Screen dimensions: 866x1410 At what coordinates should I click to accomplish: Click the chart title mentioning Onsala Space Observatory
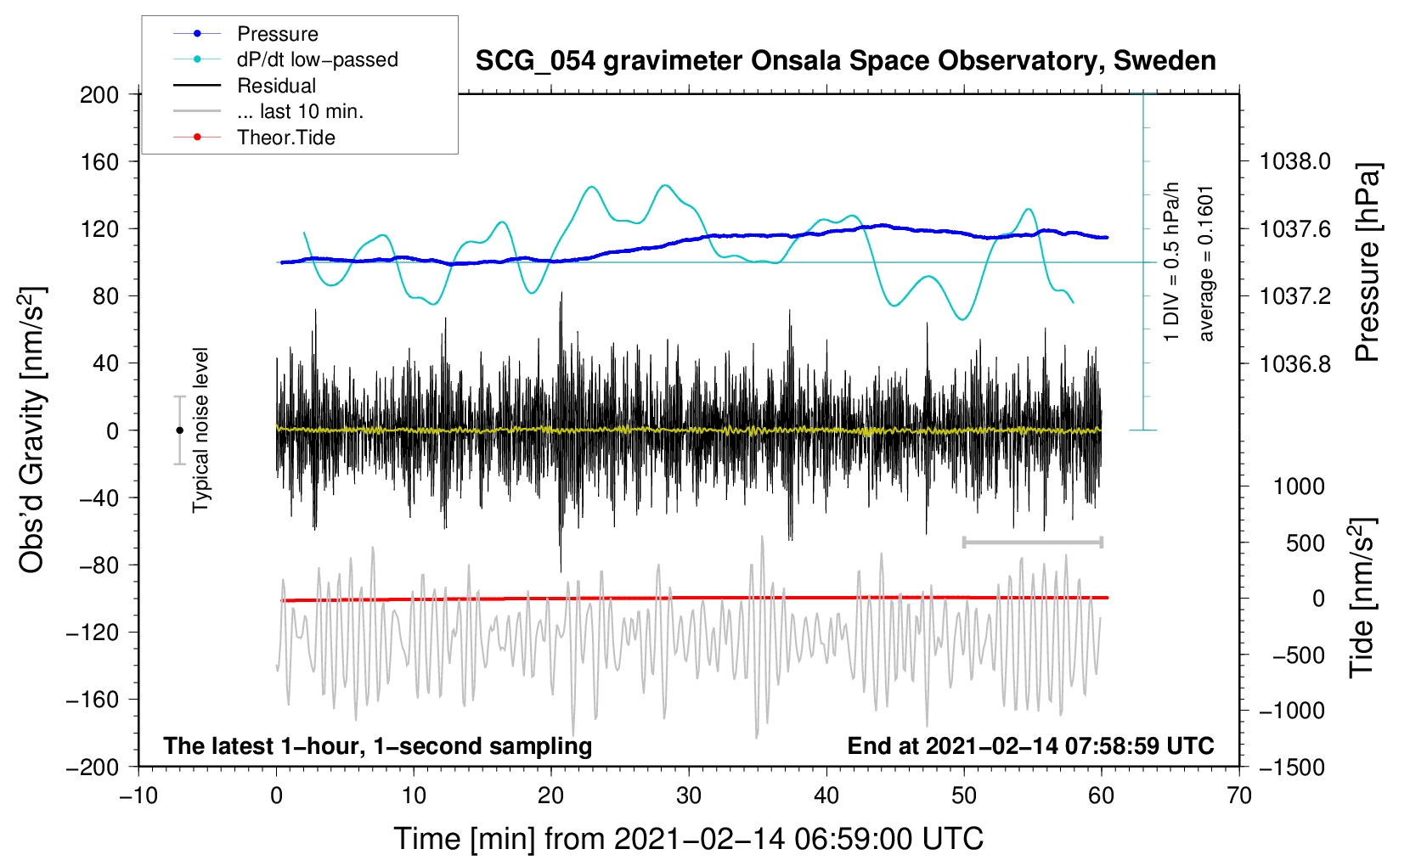[x=845, y=61]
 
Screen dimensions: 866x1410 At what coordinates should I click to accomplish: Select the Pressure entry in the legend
[x=277, y=34]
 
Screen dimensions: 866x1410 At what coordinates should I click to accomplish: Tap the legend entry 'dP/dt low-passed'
[x=317, y=59]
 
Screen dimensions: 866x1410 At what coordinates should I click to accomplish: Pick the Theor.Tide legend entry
[x=285, y=138]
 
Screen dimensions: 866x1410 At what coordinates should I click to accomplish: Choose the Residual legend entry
[x=276, y=86]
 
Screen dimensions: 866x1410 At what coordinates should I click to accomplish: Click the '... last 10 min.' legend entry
[x=300, y=111]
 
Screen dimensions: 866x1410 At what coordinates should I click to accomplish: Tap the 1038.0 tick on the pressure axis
[x=1294, y=161]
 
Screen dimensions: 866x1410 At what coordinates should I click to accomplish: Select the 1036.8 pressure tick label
[x=1294, y=363]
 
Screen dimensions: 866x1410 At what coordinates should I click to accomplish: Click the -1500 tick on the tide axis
[x=1291, y=767]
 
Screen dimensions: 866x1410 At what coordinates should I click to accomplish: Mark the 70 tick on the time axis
[x=1239, y=796]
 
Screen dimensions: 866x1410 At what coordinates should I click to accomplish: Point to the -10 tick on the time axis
[x=138, y=796]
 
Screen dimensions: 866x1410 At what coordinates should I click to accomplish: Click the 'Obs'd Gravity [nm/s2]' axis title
[x=32, y=430]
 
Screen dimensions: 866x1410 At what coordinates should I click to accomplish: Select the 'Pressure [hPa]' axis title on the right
[x=1367, y=263]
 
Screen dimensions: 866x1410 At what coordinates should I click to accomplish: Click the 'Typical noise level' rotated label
[x=200, y=430]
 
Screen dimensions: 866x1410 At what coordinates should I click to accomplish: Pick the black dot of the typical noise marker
[x=179, y=430]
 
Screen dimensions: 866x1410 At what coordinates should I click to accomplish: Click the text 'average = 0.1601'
[x=1206, y=263]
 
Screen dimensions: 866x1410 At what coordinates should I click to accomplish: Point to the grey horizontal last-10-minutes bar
[x=1032, y=542]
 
